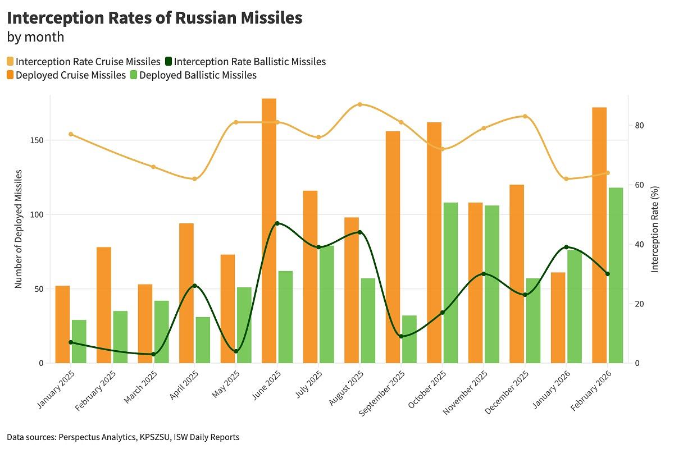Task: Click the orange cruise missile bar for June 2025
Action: pos(269,231)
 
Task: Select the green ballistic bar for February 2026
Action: pos(616,275)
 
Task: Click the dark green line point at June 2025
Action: pos(277,223)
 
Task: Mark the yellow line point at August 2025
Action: pos(359,104)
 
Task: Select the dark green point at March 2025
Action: pos(153,354)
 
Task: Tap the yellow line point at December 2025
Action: pos(525,116)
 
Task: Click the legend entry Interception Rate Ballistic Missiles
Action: pos(249,62)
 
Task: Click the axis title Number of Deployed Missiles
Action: pos(19,229)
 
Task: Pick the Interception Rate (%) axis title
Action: pos(655,229)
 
